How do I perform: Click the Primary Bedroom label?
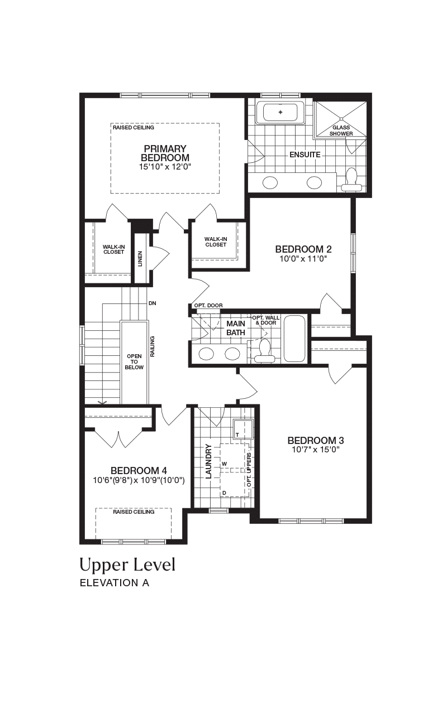(165, 153)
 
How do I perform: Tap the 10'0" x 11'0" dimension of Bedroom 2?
(303, 258)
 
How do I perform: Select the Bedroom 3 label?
(316, 441)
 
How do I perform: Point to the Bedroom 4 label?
(139, 471)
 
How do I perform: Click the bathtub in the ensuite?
(280, 113)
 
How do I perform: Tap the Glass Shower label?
(341, 131)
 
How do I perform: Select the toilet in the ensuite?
(351, 180)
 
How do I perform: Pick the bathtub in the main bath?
(294, 339)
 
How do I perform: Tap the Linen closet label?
(140, 259)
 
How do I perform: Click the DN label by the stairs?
(153, 303)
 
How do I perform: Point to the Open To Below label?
(134, 362)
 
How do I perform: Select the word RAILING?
(153, 346)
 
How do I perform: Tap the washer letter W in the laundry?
(224, 464)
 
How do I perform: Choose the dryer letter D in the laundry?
(224, 493)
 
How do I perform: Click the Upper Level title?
(127, 565)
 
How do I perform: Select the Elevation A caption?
(115, 583)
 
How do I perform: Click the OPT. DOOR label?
(208, 305)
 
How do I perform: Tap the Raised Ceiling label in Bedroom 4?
(134, 512)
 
